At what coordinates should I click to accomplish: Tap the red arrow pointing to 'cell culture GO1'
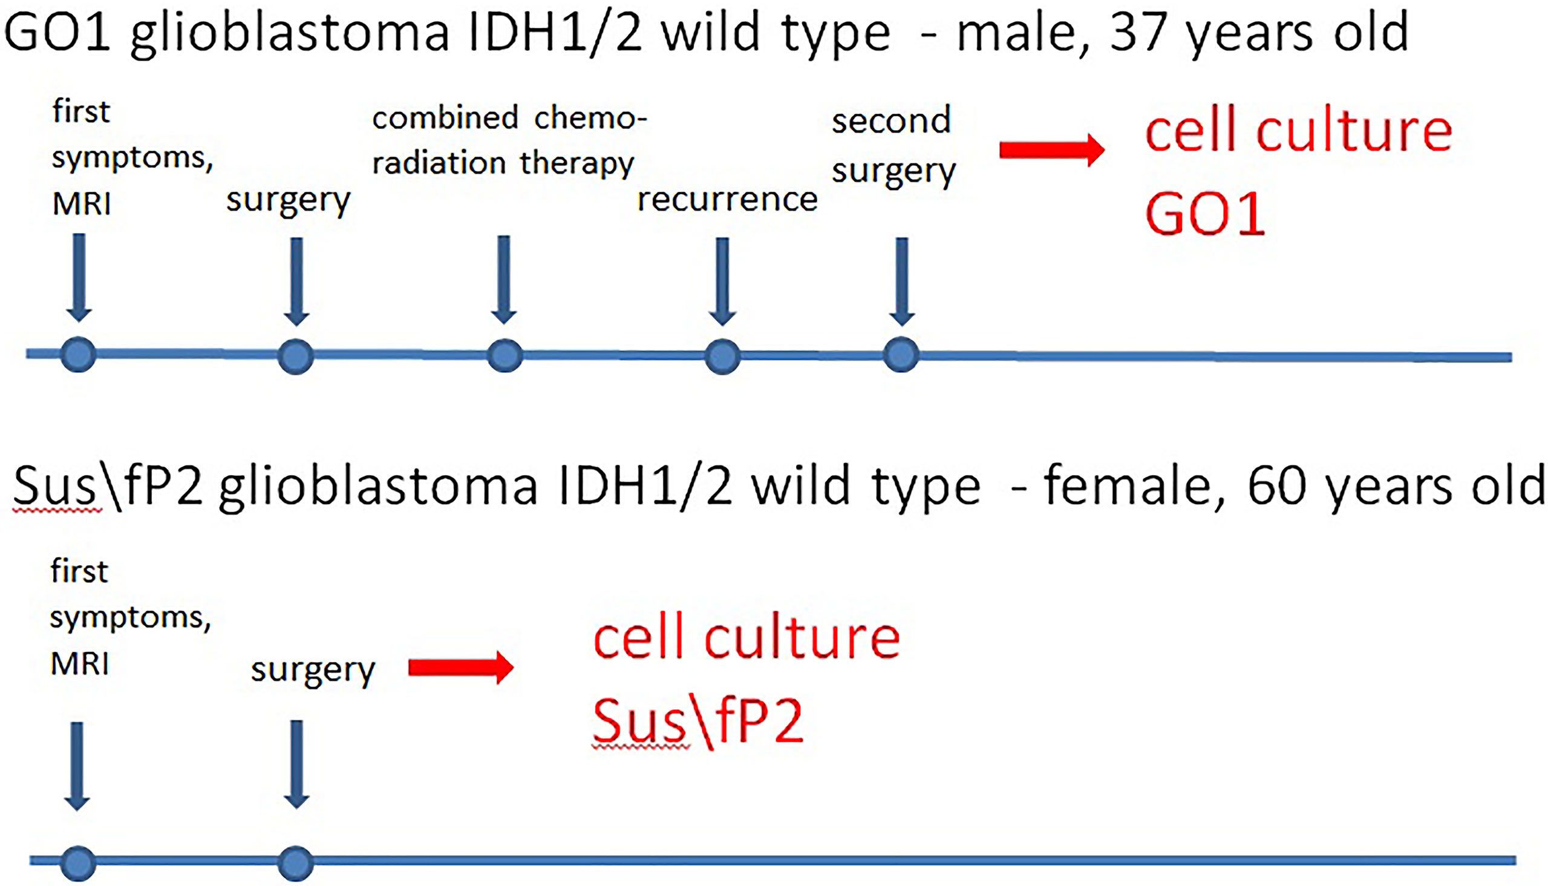(x=1053, y=149)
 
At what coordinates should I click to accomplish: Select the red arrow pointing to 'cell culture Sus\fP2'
(x=461, y=668)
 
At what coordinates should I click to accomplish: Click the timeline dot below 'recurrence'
(x=723, y=356)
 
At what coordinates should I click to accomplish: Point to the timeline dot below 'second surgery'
(x=901, y=354)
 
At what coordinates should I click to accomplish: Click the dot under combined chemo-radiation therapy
(x=505, y=355)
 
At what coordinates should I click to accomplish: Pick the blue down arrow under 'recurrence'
(x=723, y=281)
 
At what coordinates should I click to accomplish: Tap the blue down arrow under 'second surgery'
(x=902, y=281)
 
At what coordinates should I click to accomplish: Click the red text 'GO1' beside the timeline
(x=1205, y=214)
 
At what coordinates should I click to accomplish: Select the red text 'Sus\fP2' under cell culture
(x=698, y=723)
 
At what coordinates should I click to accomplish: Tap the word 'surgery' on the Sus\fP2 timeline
(x=313, y=671)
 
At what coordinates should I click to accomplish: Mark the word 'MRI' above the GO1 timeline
(x=82, y=204)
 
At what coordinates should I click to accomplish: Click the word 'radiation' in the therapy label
(x=439, y=163)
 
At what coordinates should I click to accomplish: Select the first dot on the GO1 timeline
(x=79, y=354)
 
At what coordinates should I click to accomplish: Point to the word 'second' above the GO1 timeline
(x=891, y=121)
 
